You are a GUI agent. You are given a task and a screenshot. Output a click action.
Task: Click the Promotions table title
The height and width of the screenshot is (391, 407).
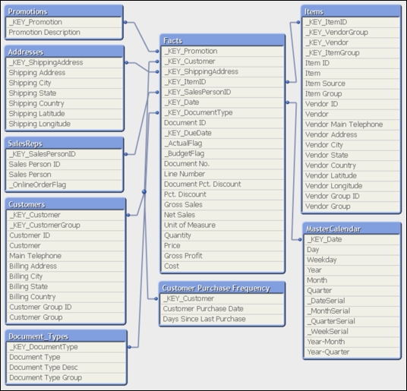tap(28, 11)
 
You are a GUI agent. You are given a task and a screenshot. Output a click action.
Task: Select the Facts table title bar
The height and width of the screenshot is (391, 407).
tap(222, 40)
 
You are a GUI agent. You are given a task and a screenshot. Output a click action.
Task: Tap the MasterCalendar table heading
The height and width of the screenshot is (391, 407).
tap(333, 229)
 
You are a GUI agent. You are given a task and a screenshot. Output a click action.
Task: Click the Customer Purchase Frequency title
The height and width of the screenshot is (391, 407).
tap(216, 288)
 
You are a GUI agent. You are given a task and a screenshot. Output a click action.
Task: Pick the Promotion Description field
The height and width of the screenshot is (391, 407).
tap(44, 33)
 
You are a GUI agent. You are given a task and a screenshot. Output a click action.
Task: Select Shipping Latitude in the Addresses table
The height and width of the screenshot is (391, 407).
tap(37, 114)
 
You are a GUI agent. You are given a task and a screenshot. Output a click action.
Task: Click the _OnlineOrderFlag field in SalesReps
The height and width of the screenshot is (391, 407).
tap(38, 184)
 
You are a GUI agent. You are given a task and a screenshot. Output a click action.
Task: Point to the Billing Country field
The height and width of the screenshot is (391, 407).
tap(33, 297)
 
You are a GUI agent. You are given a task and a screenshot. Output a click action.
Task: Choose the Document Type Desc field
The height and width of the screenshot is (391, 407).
tap(43, 367)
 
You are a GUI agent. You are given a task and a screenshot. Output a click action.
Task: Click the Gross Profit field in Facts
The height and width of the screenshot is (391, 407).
tap(183, 256)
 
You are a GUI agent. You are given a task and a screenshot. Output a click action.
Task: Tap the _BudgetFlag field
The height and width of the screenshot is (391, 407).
tap(185, 153)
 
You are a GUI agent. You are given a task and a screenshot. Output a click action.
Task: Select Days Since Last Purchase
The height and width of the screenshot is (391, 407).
tap(204, 319)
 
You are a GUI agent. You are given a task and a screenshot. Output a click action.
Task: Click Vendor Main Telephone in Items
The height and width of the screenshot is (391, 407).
tap(344, 125)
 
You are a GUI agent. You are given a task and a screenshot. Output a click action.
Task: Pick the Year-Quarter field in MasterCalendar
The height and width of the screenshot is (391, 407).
tap(328, 352)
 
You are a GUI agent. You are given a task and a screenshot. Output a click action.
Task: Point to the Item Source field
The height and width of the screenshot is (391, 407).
tap(325, 84)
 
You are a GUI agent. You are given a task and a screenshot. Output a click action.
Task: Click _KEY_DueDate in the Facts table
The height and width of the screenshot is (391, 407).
tap(188, 133)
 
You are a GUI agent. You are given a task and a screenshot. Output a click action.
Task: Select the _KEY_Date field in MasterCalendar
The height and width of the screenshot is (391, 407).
tap(325, 239)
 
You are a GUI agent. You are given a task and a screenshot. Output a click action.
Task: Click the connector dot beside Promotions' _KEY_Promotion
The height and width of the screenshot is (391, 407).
tap(125, 22)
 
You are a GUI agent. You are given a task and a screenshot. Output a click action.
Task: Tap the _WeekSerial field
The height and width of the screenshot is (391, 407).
tap(328, 332)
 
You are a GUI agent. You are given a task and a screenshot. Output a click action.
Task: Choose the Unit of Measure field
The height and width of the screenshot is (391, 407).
tap(190, 225)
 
